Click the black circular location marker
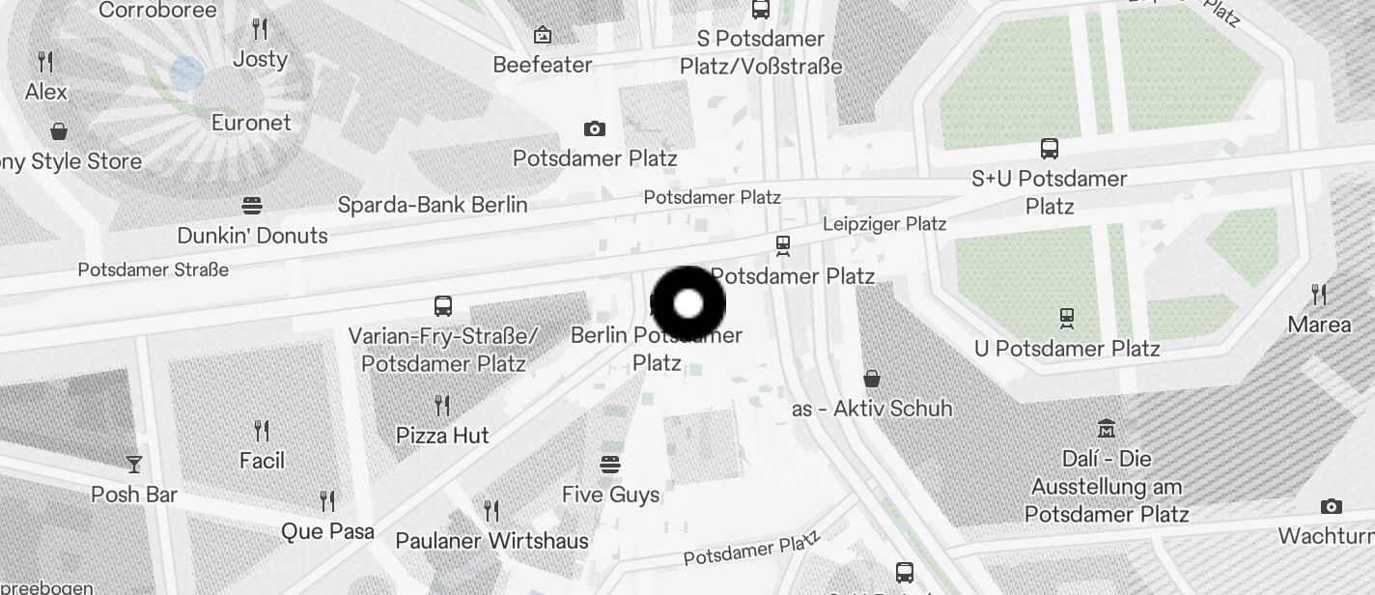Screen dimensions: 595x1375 [687, 304]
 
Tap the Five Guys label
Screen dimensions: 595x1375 [610, 495]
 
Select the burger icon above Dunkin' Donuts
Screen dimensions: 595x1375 [252, 205]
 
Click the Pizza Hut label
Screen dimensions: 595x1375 [442, 436]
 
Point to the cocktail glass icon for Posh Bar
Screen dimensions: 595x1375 [134, 465]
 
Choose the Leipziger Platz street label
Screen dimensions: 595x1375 [884, 224]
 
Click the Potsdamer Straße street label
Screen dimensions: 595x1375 [153, 269]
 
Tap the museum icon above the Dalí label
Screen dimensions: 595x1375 [1107, 427]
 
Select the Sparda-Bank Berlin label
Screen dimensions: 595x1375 [433, 205]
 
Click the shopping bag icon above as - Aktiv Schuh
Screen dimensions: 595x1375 [872, 378]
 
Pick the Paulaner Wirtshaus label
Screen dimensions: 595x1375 [491, 541]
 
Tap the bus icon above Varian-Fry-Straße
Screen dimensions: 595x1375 [443, 306]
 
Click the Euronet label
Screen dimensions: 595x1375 [251, 123]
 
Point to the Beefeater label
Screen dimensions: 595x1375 [542, 65]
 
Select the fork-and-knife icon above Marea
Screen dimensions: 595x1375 [1319, 294]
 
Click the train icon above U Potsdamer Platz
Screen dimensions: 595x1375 [1067, 318]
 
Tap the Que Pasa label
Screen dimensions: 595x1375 [327, 531]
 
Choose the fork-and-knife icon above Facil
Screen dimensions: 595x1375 [262, 430]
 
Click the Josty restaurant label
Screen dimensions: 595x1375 [260, 59]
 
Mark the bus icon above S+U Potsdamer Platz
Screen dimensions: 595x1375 [1050, 149]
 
